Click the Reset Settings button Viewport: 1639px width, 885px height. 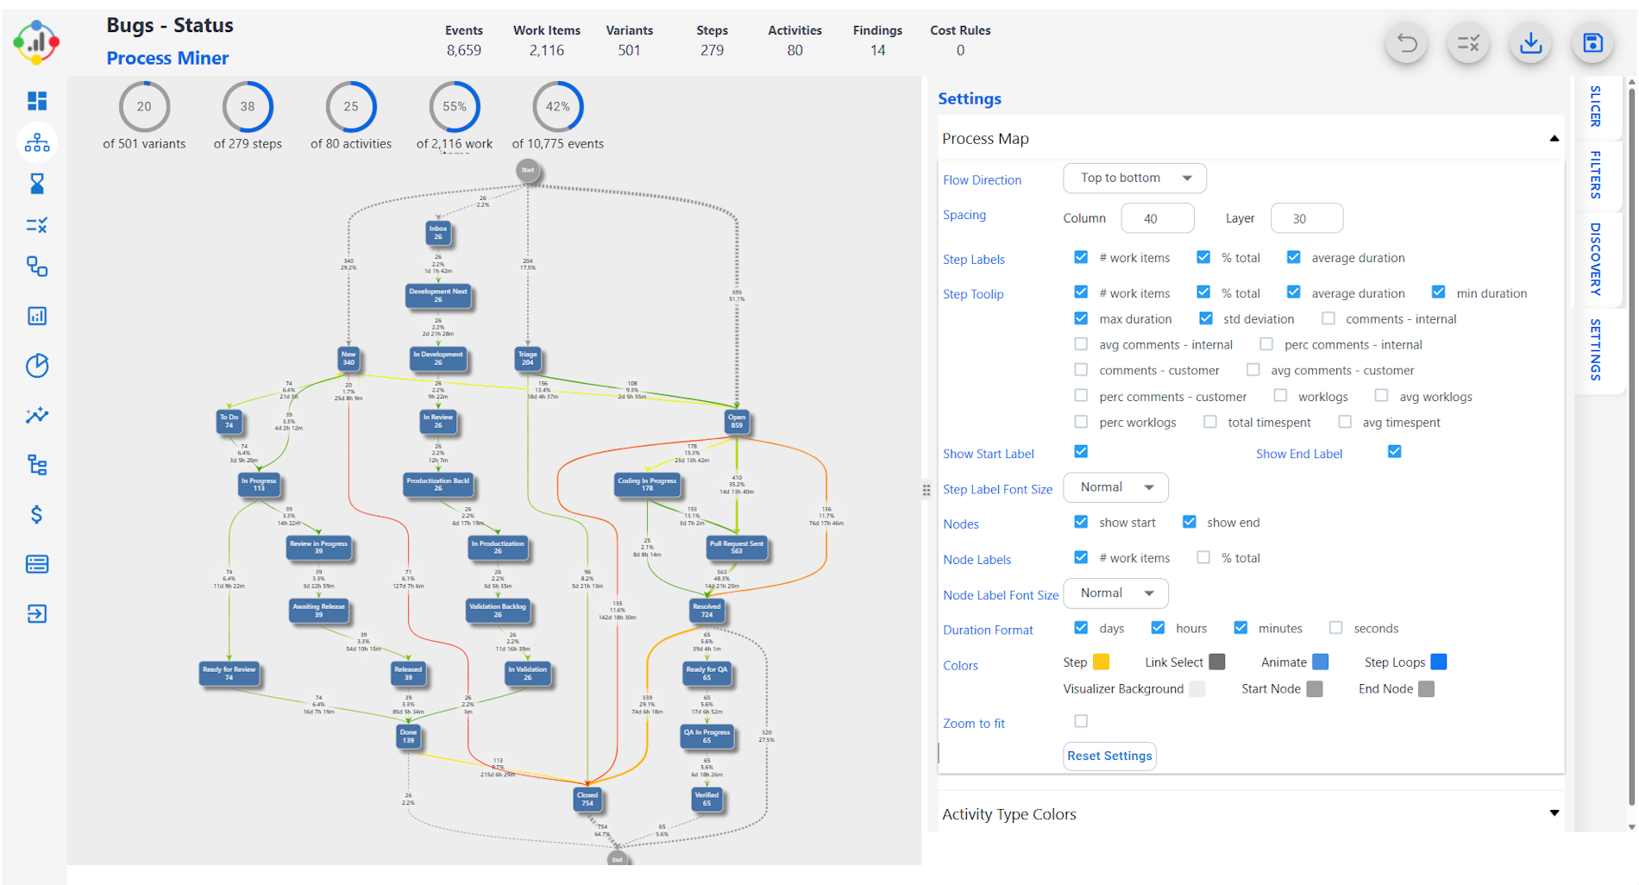click(x=1109, y=756)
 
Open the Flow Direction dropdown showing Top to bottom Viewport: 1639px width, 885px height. click(x=1134, y=178)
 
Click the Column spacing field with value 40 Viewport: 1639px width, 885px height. click(x=1157, y=218)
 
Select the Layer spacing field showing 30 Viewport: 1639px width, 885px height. click(x=1306, y=218)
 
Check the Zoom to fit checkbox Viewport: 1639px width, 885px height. click(x=1081, y=721)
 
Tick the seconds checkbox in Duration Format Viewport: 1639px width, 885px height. click(x=1336, y=628)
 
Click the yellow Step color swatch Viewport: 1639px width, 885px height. click(x=1101, y=662)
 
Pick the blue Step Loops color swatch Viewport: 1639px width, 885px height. click(x=1438, y=662)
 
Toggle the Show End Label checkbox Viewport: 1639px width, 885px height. click(x=1394, y=452)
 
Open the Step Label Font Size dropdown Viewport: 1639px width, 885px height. click(x=1115, y=487)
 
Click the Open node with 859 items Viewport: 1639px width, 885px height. click(x=737, y=421)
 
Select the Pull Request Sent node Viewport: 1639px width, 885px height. click(x=736, y=548)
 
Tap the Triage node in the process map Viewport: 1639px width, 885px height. click(x=527, y=358)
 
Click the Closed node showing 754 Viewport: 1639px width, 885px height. click(x=587, y=799)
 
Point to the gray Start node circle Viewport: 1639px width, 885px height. click(x=528, y=170)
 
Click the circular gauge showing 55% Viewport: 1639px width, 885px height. click(x=455, y=107)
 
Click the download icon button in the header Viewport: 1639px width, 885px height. click(x=1530, y=43)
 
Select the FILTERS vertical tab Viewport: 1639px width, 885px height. click(x=1595, y=174)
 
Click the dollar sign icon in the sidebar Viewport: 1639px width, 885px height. click(x=37, y=515)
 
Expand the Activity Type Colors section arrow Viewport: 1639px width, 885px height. click(x=1554, y=813)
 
